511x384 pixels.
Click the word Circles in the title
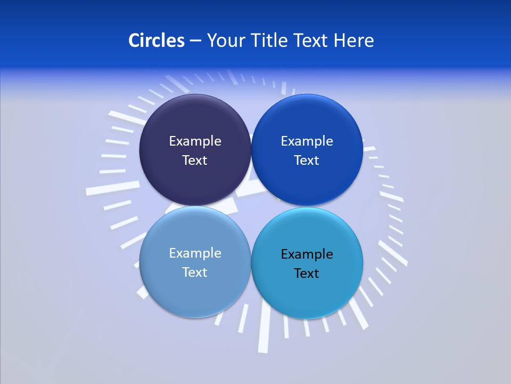pos(156,41)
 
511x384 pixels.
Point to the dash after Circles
pos(195,41)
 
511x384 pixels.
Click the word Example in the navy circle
pos(195,141)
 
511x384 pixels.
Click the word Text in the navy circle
pos(195,160)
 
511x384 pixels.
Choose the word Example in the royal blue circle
pos(307,141)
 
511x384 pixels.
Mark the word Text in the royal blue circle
pos(307,160)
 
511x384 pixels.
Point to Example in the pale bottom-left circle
pos(195,253)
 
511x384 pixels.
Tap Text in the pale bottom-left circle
pos(195,272)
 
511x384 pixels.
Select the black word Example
pos(307,254)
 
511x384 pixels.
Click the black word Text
pos(307,273)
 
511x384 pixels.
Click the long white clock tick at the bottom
pos(264,333)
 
